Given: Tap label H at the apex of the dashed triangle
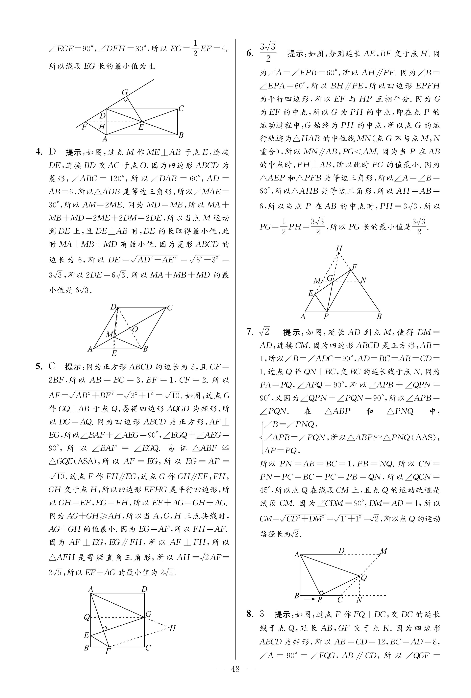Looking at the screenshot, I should (339, 248).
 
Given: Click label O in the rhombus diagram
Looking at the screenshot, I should (135, 329).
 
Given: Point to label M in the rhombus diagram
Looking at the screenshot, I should (109, 334).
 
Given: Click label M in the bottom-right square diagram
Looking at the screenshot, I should (383, 551).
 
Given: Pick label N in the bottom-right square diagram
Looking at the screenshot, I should (359, 600).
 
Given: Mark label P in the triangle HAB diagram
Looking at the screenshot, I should (326, 316).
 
